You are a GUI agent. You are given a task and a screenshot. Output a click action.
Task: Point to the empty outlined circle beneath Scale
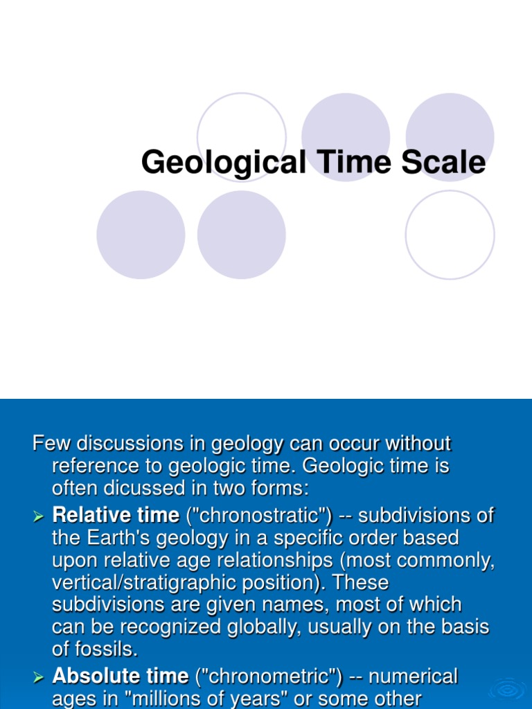coord(450,235)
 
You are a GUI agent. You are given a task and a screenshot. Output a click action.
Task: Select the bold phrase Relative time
coord(116,514)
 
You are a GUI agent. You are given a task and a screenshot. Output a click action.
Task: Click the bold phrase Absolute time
coord(121,675)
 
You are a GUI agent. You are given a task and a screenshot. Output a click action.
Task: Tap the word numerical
coord(414,675)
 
